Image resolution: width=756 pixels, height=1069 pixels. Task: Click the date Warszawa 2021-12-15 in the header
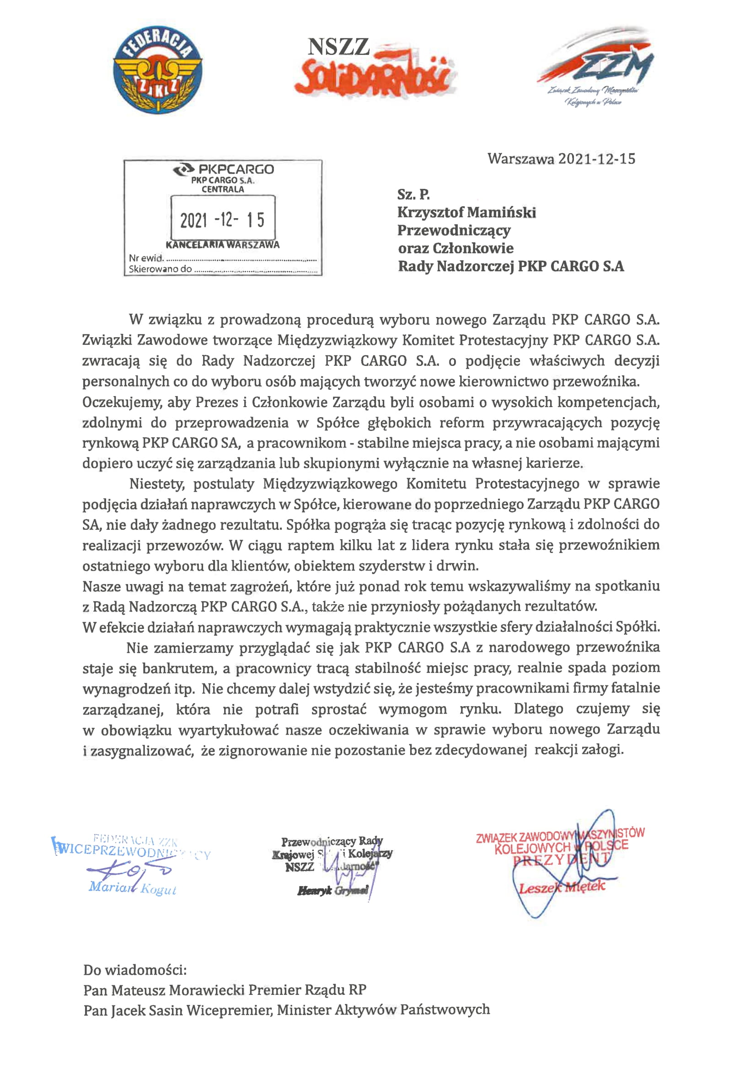(561, 159)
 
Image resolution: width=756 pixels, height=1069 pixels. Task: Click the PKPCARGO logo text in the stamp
(224, 169)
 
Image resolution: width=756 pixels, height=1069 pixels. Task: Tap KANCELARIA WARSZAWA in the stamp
(223, 245)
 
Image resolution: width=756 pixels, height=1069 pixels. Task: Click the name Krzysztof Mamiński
(466, 213)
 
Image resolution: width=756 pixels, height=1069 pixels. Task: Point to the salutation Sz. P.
(413, 194)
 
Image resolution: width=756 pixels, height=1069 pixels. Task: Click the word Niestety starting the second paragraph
(156, 484)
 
